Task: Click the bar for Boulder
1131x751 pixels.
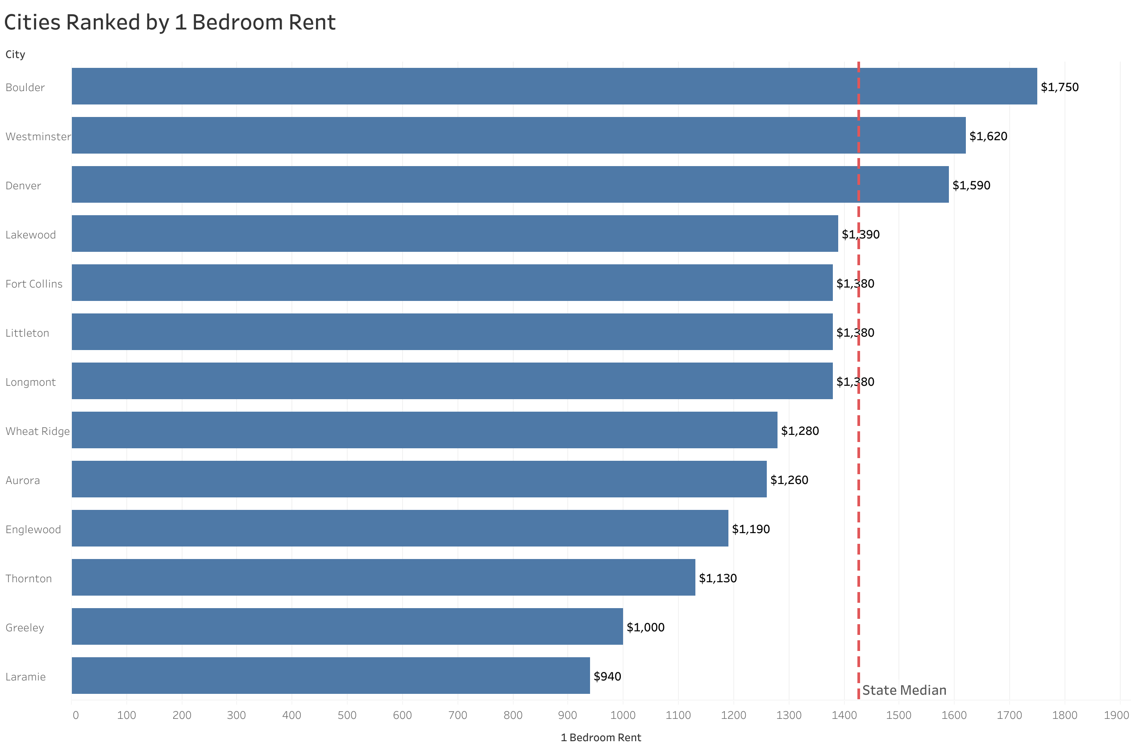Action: click(x=554, y=86)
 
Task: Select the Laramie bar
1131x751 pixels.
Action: click(x=330, y=676)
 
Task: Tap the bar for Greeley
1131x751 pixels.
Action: click(x=347, y=626)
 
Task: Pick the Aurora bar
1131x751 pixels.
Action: click(x=419, y=479)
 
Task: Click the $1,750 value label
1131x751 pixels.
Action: click(x=1059, y=87)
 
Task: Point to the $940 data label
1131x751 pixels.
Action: click(x=607, y=676)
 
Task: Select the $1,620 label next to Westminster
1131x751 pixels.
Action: click(x=988, y=136)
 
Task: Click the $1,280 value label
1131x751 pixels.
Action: click(x=799, y=430)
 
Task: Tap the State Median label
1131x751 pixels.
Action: click(x=904, y=690)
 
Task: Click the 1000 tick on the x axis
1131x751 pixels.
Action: click(x=622, y=715)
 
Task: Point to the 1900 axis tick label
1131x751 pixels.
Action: click(x=1116, y=715)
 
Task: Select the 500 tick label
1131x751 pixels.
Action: click(x=346, y=715)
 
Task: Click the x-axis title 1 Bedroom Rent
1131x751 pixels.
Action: click(x=600, y=738)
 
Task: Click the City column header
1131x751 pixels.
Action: click(x=15, y=54)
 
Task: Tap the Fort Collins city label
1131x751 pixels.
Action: click(x=34, y=284)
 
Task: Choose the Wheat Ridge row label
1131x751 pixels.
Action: click(x=37, y=431)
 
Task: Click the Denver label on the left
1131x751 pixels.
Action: click(x=23, y=185)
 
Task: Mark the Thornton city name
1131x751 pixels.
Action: click(x=28, y=578)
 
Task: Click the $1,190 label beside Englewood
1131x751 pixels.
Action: click(x=750, y=529)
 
